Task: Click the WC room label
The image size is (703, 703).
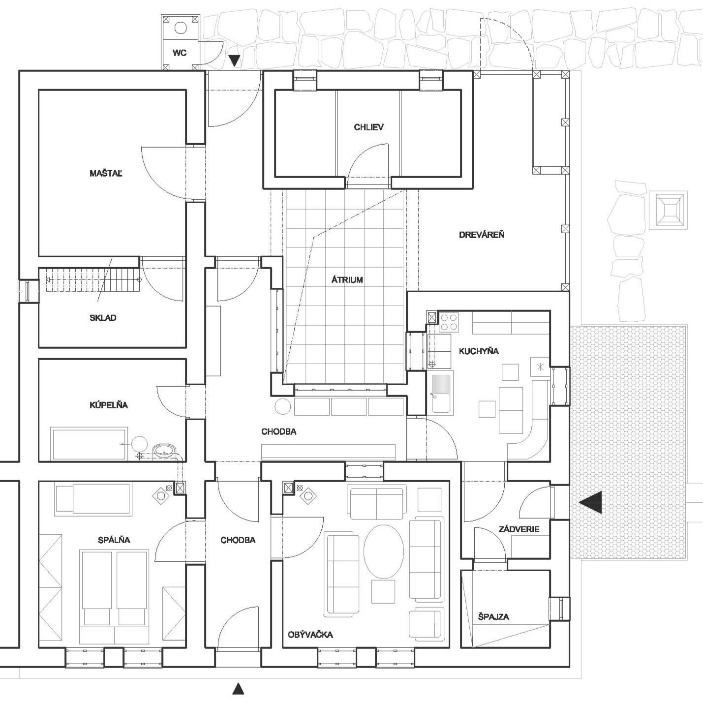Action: (x=180, y=53)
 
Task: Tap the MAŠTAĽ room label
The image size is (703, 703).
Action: (x=106, y=173)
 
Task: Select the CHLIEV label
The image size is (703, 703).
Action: (x=369, y=127)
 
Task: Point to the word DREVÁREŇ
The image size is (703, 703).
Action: (x=482, y=235)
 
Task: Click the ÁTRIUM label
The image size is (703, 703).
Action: (x=347, y=280)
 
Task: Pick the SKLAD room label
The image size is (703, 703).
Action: (x=103, y=318)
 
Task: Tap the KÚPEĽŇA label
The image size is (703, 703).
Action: (x=109, y=404)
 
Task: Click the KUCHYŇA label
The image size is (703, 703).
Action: (x=479, y=351)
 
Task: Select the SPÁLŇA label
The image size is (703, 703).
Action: (x=114, y=540)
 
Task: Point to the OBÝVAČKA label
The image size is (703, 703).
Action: (x=310, y=635)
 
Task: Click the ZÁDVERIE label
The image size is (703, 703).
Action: (x=519, y=529)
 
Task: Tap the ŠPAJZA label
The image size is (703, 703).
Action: (x=493, y=616)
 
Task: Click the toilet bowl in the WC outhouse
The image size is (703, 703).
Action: (x=181, y=28)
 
